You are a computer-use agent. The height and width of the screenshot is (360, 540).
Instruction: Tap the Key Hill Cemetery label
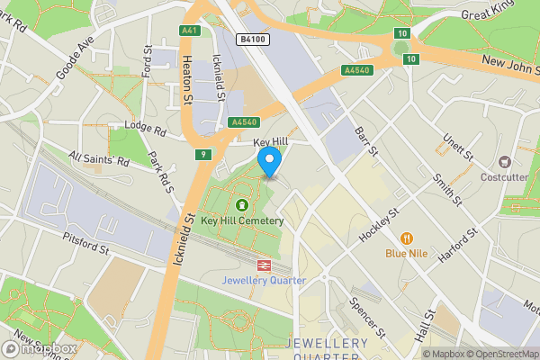pos(242,220)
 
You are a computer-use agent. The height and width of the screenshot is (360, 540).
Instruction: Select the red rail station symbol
pos(265,265)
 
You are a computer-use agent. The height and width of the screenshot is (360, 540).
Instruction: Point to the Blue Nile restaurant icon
pos(407,238)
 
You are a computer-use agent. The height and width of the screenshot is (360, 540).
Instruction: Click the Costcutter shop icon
pos(504,163)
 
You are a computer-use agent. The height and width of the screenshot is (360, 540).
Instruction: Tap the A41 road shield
pos(189,31)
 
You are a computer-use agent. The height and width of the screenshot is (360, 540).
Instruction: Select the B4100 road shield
pos(253,40)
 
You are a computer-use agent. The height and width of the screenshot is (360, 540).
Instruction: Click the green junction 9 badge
pos(203,155)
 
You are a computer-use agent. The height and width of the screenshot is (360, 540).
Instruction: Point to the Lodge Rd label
pos(147,131)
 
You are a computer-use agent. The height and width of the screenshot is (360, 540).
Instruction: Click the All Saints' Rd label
pos(99,158)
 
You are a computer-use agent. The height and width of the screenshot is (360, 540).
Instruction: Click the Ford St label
pos(147,61)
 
